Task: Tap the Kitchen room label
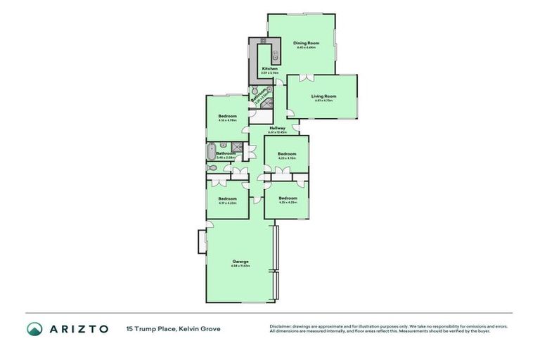[x=269, y=68]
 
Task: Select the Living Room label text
[x=324, y=96]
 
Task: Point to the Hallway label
[x=277, y=128]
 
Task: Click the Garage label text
[x=240, y=262]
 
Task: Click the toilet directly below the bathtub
[x=210, y=168]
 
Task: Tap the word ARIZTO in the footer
[x=78, y=328]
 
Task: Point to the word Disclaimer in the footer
[x=281, y=326]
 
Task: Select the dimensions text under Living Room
[x=324, y=101]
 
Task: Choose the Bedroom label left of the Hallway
[x=227, y=115]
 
